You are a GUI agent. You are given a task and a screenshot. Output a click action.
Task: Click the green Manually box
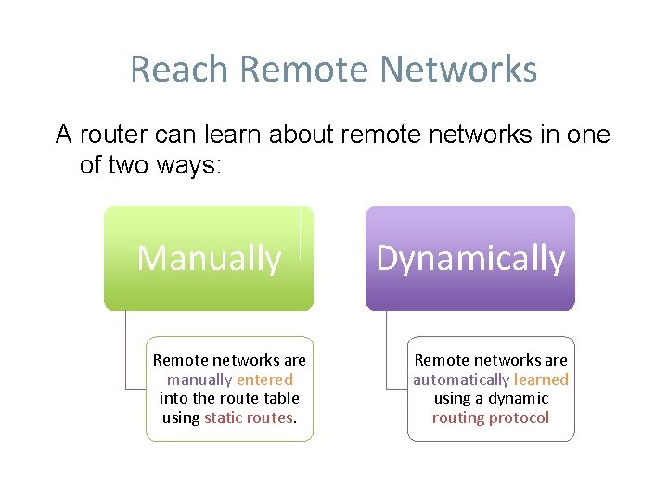pos(209,258)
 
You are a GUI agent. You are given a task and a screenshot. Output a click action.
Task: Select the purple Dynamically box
pos(470,258)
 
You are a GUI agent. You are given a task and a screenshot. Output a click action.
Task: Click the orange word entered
pos(264,379)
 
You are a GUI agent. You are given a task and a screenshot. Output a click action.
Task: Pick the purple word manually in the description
pos(199,379)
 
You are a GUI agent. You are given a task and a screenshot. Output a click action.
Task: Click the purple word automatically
pos(461,379)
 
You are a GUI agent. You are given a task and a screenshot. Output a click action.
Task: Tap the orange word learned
pos(541,379)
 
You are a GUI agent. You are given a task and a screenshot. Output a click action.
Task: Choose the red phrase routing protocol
pos(491,418)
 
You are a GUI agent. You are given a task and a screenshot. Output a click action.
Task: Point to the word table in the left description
pos(279,399)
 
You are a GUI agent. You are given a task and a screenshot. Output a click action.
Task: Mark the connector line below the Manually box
pos(125,348)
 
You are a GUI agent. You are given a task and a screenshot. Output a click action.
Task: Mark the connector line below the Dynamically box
pos(387,348)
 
